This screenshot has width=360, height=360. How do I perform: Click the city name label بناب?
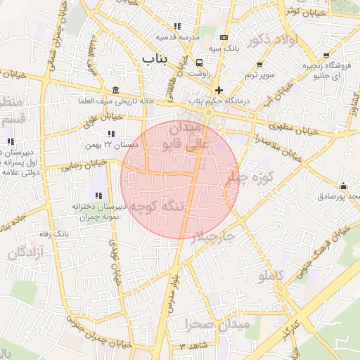point(157,58)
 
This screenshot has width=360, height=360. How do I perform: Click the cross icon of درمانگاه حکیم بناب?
point(219,90)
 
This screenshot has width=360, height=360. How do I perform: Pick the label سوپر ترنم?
point(259,74)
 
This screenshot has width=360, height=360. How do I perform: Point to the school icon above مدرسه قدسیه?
point(178,26)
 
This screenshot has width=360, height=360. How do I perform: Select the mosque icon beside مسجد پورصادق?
point(343,186)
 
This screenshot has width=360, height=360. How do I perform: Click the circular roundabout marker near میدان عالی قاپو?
point(209,111)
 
